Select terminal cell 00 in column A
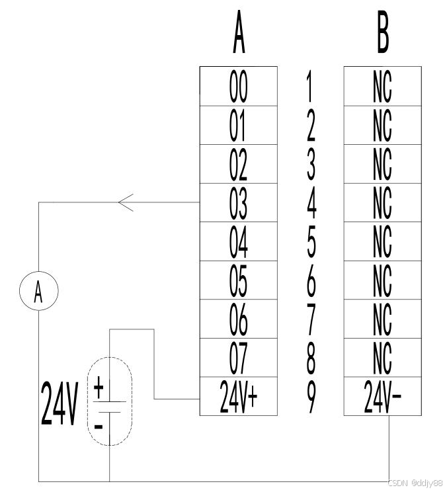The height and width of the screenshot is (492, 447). coord(238,86)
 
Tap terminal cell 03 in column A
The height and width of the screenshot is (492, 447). coord(238,202)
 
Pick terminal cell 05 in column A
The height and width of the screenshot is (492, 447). coord(238,280)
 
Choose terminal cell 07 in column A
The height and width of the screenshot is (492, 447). coord(238,358)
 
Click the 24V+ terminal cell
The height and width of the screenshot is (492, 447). coord(238,397)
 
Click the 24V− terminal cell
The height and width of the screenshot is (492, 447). coord(383,397)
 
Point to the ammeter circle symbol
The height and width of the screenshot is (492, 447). coord(38,291)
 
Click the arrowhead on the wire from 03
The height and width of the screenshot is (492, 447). coord(126,202)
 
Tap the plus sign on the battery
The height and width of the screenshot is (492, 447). coord(99,387)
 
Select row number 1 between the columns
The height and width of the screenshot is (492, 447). coord(311,86)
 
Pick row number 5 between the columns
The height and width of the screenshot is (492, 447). coord(311,242)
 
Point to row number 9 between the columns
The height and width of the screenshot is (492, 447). coord(311,397)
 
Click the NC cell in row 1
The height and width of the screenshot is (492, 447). coord(383,86)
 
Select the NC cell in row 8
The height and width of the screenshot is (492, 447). coord(383,358)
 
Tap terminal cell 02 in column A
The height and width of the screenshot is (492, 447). coord(238,164)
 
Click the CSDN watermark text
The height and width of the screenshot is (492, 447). coord(415,483)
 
